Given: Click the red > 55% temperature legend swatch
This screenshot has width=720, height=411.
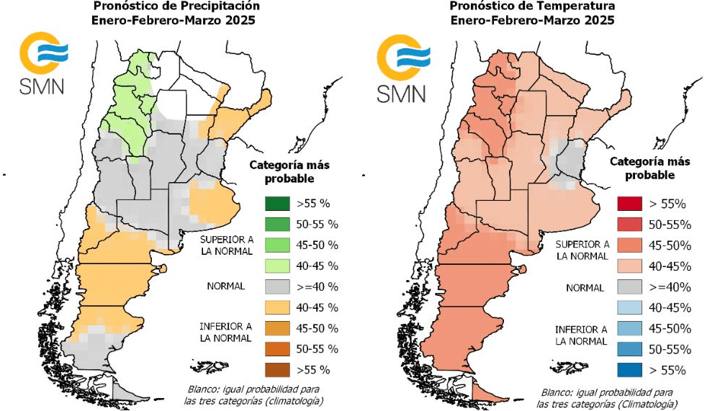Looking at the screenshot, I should click(x=634, y=204).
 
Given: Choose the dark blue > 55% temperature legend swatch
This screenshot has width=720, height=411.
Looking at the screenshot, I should click(x=634, y=370).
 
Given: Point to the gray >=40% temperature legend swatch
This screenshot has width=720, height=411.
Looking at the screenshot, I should click(x=634, y=287).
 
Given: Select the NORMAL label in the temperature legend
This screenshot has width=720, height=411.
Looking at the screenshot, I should click(x=584, y=287).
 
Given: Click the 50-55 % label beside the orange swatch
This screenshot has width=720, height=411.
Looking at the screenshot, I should click(x=318, y=349).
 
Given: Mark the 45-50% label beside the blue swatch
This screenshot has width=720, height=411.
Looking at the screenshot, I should click(x=670, y=328).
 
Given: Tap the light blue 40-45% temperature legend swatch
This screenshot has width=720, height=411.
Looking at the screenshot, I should click(x=634, y=308).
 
